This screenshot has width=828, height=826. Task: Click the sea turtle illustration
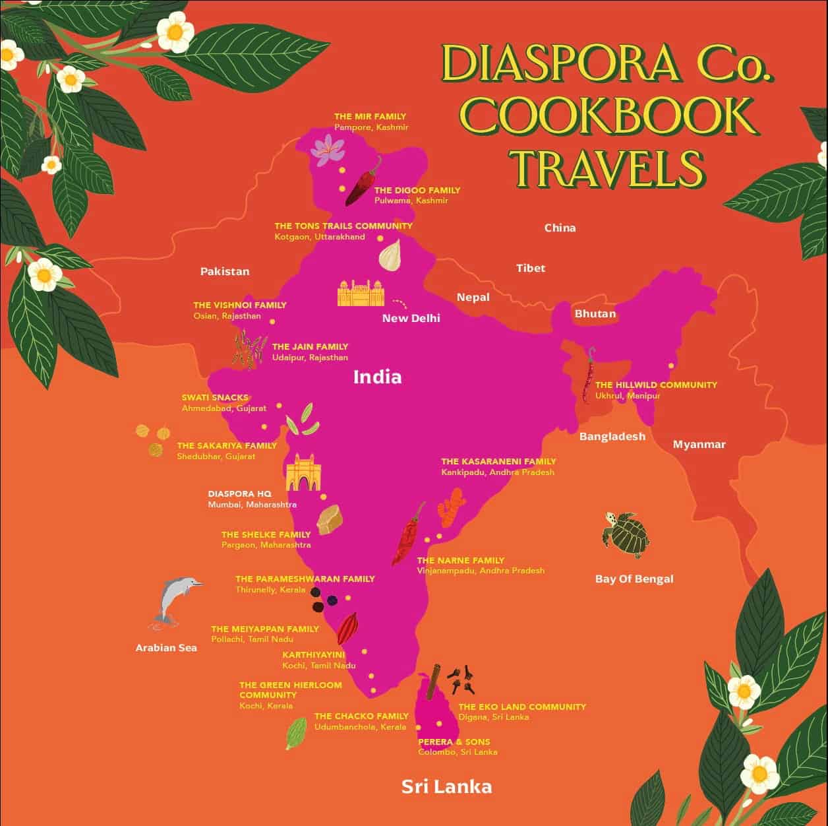[x=625, y=529]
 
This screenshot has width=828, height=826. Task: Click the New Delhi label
[x=411, y=318]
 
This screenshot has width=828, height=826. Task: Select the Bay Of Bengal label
[x=634, y=579]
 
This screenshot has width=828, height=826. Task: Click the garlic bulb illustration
[x=390, y=254]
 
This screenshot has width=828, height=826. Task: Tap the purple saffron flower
[x=324, y=150]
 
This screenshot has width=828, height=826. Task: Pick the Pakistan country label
[x=225, y=271]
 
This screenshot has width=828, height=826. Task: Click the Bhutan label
[x=595, y=313]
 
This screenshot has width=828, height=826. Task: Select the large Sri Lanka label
[x=446, y=786]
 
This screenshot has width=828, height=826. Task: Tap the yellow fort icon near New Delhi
[x=360, y=293]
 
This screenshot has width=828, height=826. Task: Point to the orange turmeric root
[x=453, y=507]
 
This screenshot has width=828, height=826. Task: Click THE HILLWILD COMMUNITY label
[x=656, y=385]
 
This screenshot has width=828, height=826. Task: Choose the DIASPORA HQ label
[x=239, y=493]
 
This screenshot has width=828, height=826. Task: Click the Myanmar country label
[x=699, y=444]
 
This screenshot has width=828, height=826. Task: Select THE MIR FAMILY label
[x=370, y=116]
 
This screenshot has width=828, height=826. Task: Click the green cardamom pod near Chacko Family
[x=295, y=733]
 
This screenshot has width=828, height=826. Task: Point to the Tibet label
[x=531, y=268]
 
